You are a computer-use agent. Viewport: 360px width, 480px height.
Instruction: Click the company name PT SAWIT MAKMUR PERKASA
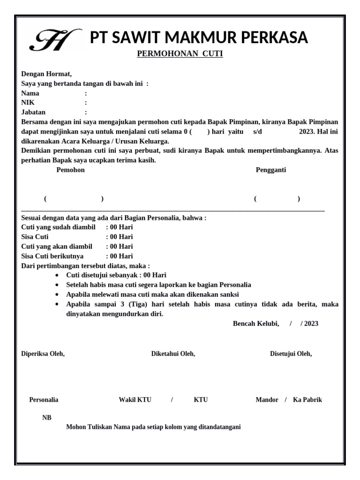[x=199, y=37]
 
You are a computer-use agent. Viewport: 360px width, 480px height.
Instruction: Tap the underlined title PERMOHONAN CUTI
[x=180, y=54]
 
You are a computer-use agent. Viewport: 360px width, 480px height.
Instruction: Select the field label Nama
[x=30, y=93]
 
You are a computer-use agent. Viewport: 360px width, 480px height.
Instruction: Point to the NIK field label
[x=28, y=103]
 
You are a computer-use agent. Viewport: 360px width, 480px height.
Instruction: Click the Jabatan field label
[x=33, y=112]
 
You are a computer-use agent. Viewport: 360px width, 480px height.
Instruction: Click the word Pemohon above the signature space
[x=70, y=170]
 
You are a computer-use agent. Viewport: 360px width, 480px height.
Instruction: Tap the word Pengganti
[x=270, y=170]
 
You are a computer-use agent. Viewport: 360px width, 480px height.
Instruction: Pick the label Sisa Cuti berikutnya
[x=52, y=256]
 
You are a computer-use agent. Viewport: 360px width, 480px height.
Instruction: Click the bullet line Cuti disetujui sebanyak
[x=116, y=275]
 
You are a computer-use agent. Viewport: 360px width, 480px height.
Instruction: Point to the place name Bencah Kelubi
[x=255, y=323]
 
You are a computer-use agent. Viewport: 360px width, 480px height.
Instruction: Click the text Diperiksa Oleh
[x=43, y=354]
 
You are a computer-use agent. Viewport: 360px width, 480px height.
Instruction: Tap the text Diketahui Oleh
[x=173, y=354]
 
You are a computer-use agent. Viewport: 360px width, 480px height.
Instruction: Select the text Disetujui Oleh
[x=291, y=354]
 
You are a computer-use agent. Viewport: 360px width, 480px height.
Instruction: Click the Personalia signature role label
[x=44, y=400]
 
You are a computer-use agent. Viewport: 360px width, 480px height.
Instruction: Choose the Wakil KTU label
[x=135, y=400]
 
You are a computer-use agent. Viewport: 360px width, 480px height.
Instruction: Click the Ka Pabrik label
[x=307, y=400]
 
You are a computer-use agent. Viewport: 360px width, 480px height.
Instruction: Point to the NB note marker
[x=47, y=418]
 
